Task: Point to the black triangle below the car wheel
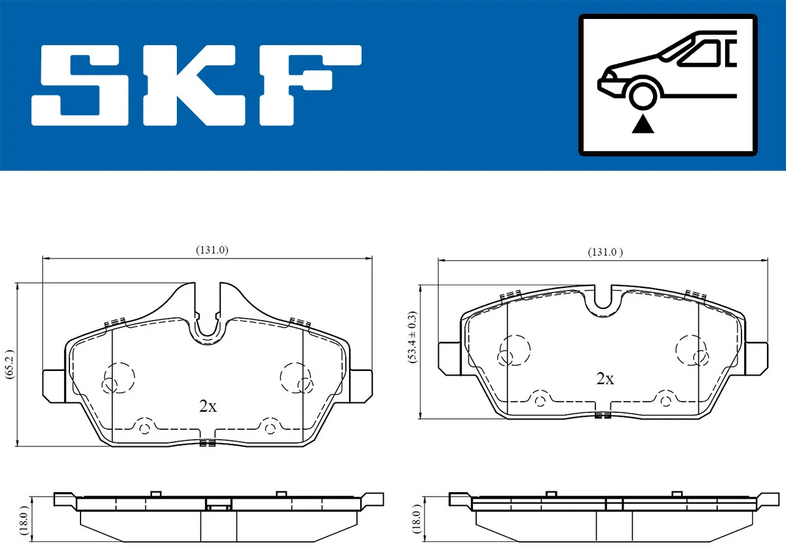pyautogui.click(x=643, y=124)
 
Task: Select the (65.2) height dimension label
pyautogui.click(x=9, y=365)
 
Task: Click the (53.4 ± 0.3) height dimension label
pyautogui.click(x=413, y=351)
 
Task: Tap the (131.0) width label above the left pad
pyautogui.click(x=211, y=250)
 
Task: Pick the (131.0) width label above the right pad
pyautogui.click(x=605, y=252)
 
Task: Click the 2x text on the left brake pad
pyautogui.click(x=208, y=406)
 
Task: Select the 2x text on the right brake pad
pyautogui.click(x=605, y=378)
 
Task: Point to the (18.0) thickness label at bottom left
pyautogui.click(x=24, y=520)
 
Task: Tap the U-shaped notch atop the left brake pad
pyautogui.click(x=208, y=321)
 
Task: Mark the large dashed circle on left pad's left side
pyautogui.click(x=119, y=377)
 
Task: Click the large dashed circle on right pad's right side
pyautogui.click(x=692, y=349)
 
